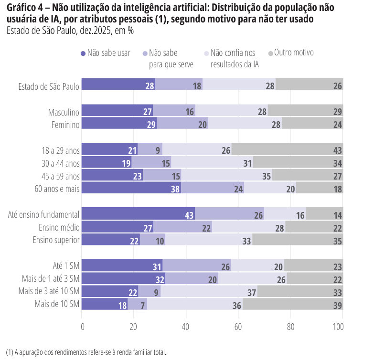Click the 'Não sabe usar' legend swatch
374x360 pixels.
coord(83,53)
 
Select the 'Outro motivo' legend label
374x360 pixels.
coord(294,53)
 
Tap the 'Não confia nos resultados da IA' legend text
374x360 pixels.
coord(235,58)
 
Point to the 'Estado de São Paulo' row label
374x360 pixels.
coord(49,86)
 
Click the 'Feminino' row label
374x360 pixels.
coord(65,125)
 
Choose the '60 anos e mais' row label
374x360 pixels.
coord(57,189)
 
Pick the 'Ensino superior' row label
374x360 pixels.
coord(56,240)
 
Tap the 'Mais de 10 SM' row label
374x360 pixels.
coord(57,305)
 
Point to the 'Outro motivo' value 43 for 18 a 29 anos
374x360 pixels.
coord(338,150)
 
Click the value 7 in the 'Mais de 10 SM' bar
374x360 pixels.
coord(143,305)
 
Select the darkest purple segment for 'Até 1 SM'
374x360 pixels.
coord(122,266)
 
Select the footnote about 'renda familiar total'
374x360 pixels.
coord(86,352)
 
